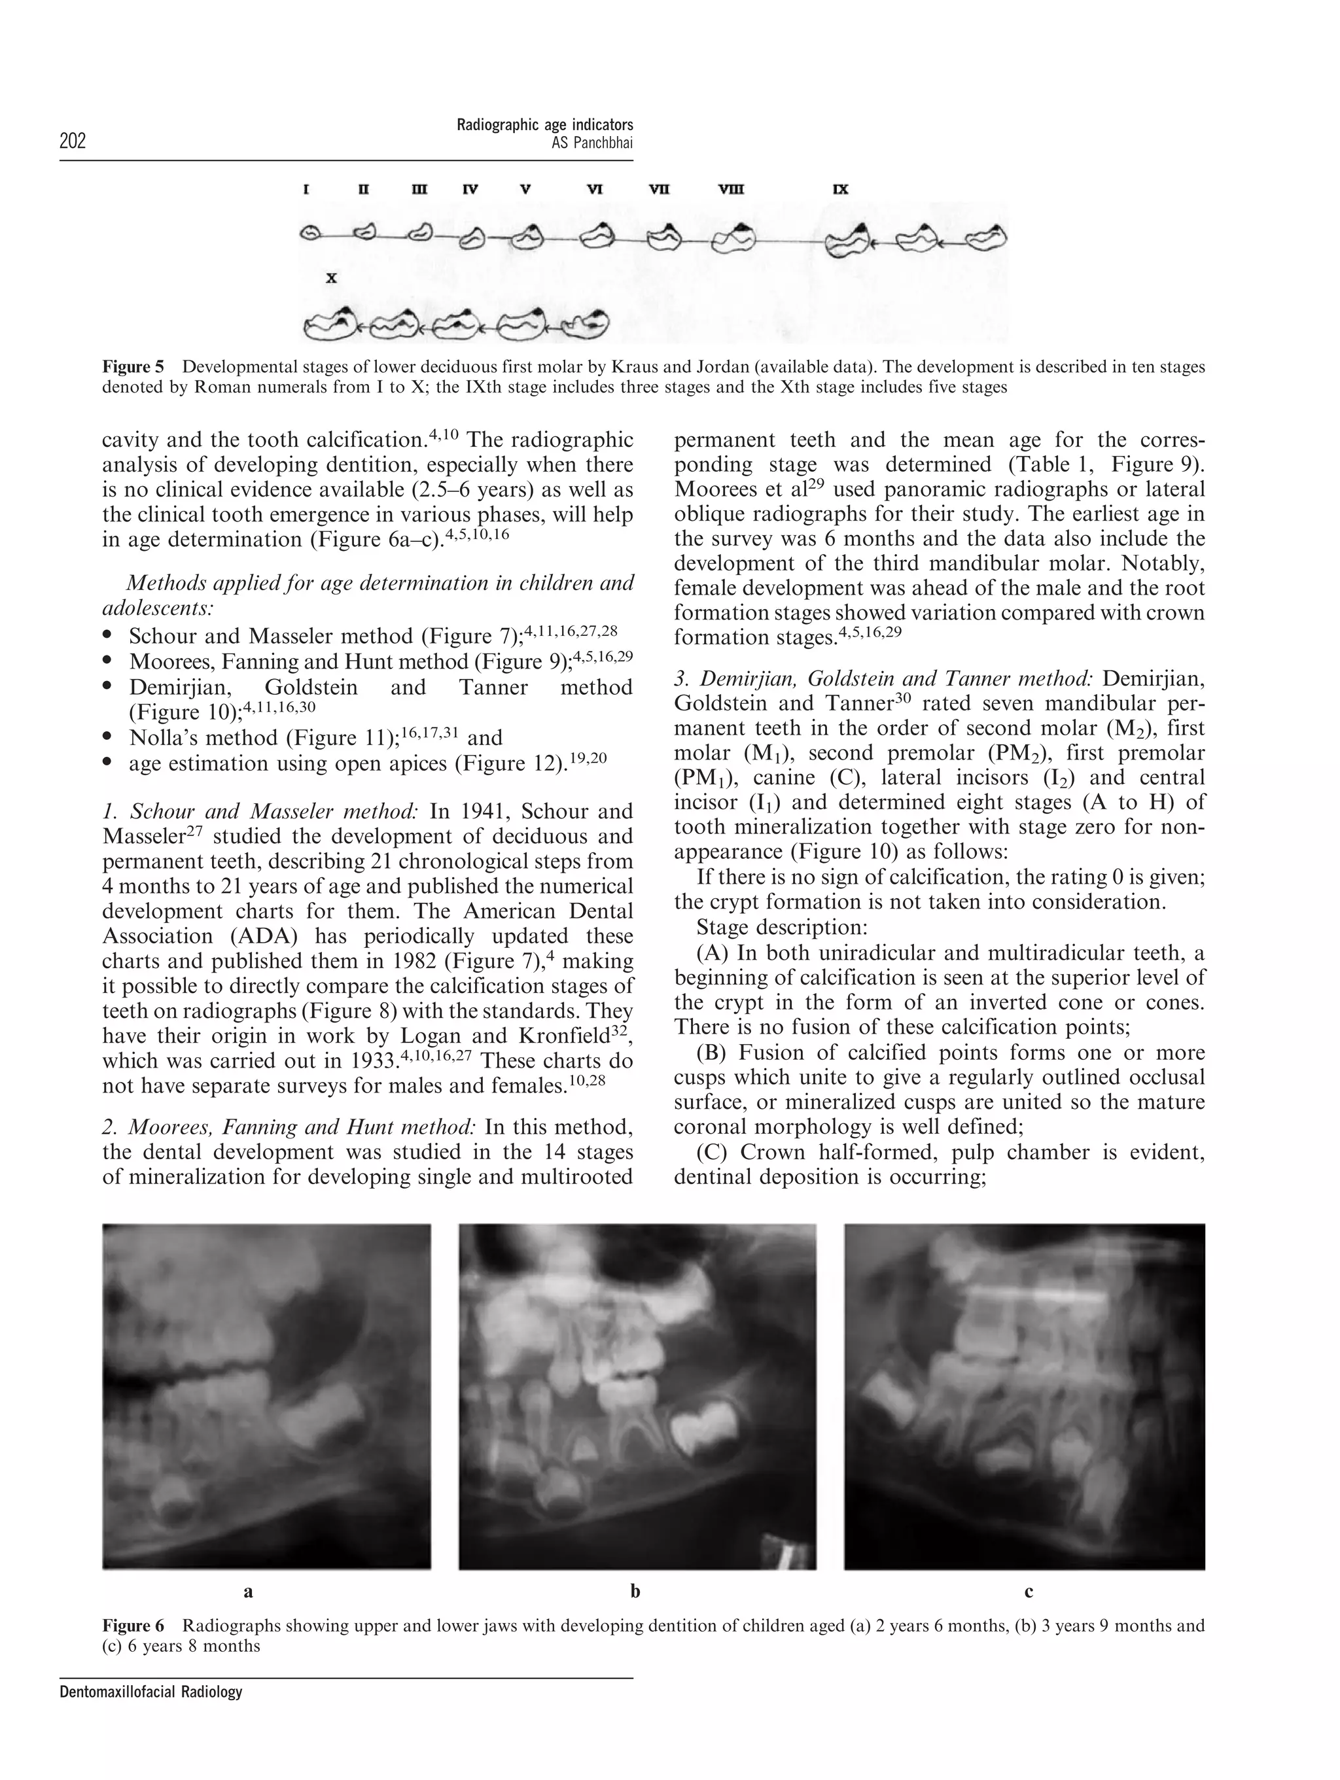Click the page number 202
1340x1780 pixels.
pos(73,141)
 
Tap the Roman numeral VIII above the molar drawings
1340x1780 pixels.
pos(731,190)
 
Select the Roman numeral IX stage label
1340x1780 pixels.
pos(840,190)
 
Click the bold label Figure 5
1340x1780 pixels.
pos(132,367)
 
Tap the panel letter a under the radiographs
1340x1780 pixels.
pos(248,1591)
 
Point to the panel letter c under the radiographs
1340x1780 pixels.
pos(1029,1591)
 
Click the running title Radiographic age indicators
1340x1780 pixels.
pos(545,125)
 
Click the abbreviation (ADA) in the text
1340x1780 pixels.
pos(263,936)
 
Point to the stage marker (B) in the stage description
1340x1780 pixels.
pos(713,1053)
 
